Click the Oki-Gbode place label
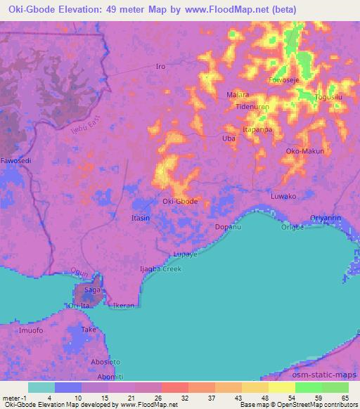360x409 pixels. pos(180,201)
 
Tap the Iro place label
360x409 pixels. pos(160,67)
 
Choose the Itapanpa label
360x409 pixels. pos(257,130)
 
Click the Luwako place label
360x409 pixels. pos(284,196)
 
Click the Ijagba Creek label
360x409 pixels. pos(160,269)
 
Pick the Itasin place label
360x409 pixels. pos(141,219)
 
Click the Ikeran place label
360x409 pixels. pos(124,306)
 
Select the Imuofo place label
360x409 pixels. pos(31,330)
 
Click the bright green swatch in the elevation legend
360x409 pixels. pos(308,387)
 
